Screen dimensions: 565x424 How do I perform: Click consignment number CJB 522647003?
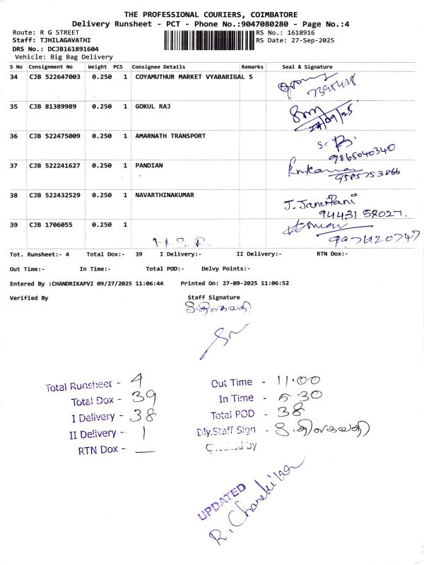[54, 76]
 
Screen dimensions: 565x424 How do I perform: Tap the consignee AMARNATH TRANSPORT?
[170, 136]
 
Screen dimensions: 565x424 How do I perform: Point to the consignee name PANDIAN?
[148, 165]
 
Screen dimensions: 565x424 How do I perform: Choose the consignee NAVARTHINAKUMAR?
[165, 195]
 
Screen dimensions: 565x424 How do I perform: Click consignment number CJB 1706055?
[51, 225]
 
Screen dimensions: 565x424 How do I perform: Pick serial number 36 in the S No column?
[14, 136]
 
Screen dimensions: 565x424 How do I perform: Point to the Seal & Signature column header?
[307, 67]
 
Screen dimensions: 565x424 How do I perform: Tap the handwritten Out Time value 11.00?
[302, 381]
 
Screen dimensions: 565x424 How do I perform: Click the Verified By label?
[29, 298]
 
